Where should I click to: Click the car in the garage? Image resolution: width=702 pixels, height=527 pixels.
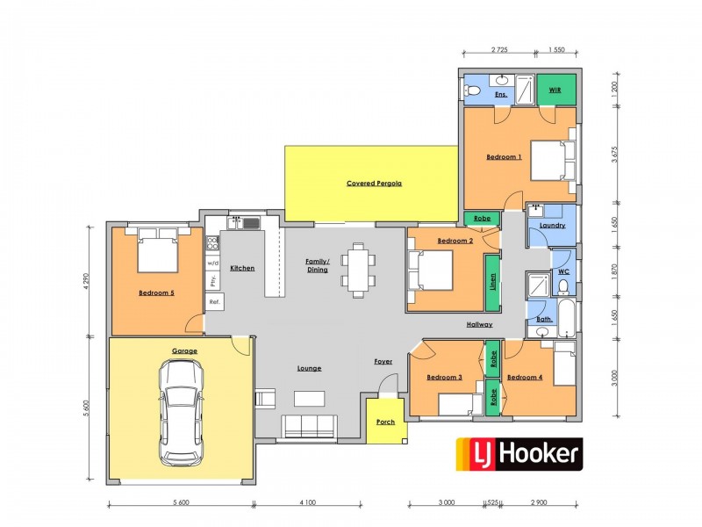tap(181, 414)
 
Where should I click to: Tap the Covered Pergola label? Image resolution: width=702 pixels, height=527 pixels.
tap(374, 184)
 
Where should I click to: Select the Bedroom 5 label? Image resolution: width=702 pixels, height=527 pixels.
tap(156, 293)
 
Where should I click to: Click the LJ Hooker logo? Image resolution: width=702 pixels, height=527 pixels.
tap(519, 454)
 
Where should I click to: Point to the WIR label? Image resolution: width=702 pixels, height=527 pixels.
tap(555, 90)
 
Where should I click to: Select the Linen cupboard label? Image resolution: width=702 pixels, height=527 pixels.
tap(491, 283)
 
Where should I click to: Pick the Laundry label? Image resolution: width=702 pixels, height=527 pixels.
tap(553, 226)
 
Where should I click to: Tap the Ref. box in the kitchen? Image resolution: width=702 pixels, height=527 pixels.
tap(213, 301)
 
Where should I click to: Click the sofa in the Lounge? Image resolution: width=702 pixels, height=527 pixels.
tap(309, 426)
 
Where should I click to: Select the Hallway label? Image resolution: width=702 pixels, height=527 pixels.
tap(479, 325)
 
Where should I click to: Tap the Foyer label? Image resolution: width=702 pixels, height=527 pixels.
tap(383, 360)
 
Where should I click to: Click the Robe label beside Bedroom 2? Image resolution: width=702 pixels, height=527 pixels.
tap(482, 218)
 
